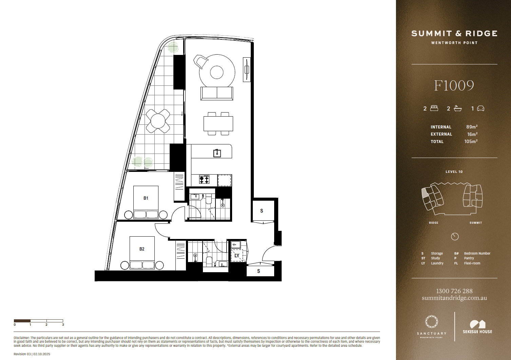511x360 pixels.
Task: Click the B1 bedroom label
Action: (x=146, y=198)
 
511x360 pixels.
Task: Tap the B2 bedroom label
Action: (x=142, y=249)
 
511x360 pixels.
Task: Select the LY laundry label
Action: (x=237, y=256)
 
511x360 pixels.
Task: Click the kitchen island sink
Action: (x=217, y=153)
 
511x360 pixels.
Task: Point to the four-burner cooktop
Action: (x=204, y=180)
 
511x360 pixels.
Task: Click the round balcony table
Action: (x=158, y=121)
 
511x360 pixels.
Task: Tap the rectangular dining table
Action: (x=218, y=124)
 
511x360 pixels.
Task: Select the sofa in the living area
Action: (x=217, y=94)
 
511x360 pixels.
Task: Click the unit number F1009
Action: (x=454, y=86)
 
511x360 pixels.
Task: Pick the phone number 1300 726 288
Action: (x=454, y=291)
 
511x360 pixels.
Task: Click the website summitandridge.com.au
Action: (x=454, y=298)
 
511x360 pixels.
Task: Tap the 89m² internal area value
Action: (x=472, y=127)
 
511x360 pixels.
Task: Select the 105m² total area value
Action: (x=471, y=141)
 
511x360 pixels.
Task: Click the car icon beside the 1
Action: (x=481, y=108)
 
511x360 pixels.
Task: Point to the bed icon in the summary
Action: (x=434, y=108)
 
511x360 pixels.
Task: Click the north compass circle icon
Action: (x=455, y=237)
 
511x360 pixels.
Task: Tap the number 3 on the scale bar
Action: (x=63, y=325)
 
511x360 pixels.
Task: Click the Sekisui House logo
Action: (x=477, y=327)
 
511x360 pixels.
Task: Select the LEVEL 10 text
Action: (x=454, y=172)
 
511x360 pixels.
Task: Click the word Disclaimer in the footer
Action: (x=21, y=338)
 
